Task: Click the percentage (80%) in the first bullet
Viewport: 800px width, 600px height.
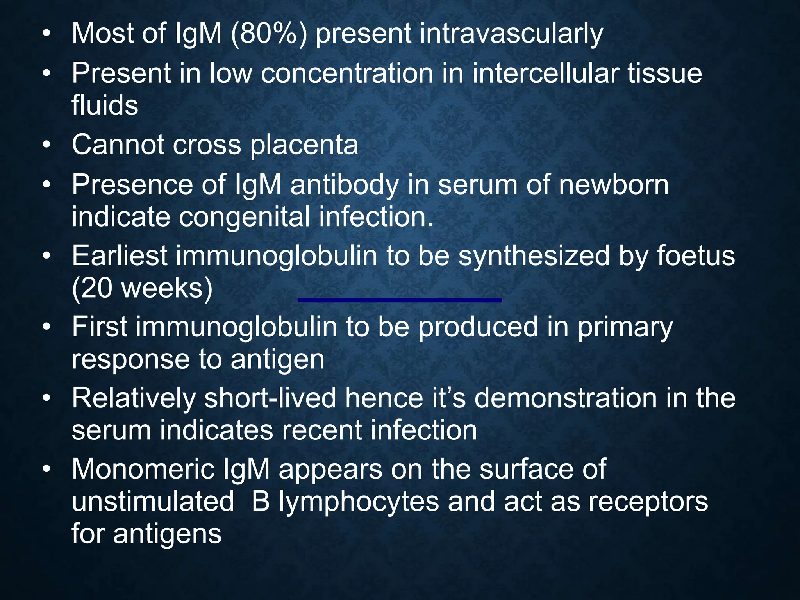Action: (x=269, y=34)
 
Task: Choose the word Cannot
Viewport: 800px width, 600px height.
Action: (x=118, y=145)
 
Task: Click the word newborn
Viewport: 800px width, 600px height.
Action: (x=614, y=185)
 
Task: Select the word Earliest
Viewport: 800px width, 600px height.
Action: (x=120, y=256)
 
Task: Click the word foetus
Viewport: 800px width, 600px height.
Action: (x=695, y=256)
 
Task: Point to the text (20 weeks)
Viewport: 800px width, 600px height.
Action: (x=142, y=289)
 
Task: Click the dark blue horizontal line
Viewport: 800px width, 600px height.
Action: (x=400, y=300)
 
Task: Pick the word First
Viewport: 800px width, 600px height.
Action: (x=99, y=327)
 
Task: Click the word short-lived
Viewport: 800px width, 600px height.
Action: (x=270, y=398)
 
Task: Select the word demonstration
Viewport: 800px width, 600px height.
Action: (x=566, y=398)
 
